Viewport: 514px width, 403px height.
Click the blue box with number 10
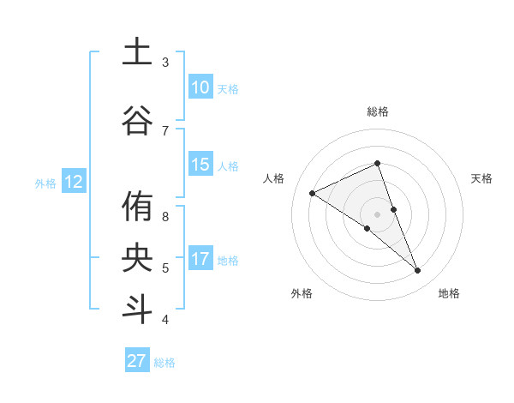coord(200,87)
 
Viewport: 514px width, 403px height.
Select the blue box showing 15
coord(200,165)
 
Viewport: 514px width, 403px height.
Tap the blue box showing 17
coord(200,259)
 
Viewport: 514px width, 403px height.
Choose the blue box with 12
coord(73,182)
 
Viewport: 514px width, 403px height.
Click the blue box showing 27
coord(136,361)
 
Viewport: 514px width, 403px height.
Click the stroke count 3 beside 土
coord(165,63)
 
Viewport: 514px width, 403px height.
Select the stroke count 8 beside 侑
coord(165,217)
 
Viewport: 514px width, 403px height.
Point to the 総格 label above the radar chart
coord(378,111)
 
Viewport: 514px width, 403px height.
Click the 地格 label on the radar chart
coord(449,293)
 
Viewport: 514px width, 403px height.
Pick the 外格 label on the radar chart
coord(302,293)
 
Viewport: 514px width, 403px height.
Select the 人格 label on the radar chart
coord(273,178)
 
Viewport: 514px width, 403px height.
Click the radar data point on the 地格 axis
coord(418,271)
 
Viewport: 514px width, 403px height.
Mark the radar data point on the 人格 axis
coord(313,193)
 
